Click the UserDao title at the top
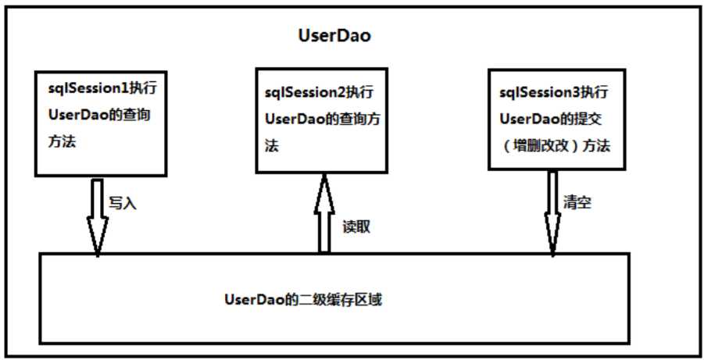pos(334,36)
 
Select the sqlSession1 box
pos(101,122)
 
